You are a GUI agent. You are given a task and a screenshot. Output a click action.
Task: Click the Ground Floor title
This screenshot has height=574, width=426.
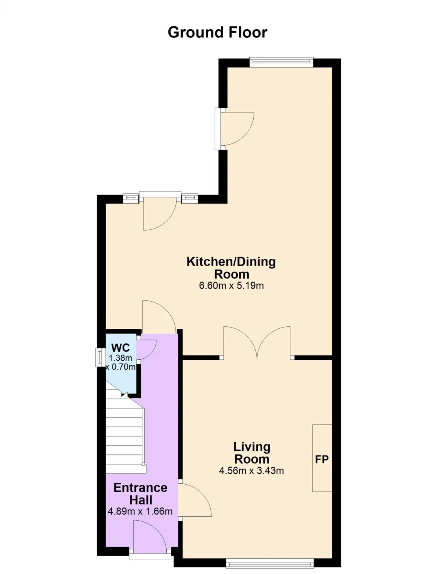(217, 32)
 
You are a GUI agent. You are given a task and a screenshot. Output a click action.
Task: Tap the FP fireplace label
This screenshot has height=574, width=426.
(322, 460)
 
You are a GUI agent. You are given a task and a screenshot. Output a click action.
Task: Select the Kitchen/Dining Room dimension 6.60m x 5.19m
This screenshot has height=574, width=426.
(231, 286)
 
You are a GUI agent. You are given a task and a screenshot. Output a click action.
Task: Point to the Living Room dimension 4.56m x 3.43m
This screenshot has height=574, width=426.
(251, 471)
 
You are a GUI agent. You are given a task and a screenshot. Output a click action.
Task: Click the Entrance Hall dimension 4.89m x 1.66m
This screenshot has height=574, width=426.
(140, 511)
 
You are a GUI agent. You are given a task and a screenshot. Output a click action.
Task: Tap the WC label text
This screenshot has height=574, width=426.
(120, 348)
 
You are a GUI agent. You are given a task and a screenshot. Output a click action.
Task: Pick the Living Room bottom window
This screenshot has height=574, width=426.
(270, 563)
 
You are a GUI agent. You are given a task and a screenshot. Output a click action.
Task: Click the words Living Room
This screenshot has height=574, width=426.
(252, 453)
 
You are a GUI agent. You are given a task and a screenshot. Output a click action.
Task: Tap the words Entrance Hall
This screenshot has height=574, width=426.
(140, 494)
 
